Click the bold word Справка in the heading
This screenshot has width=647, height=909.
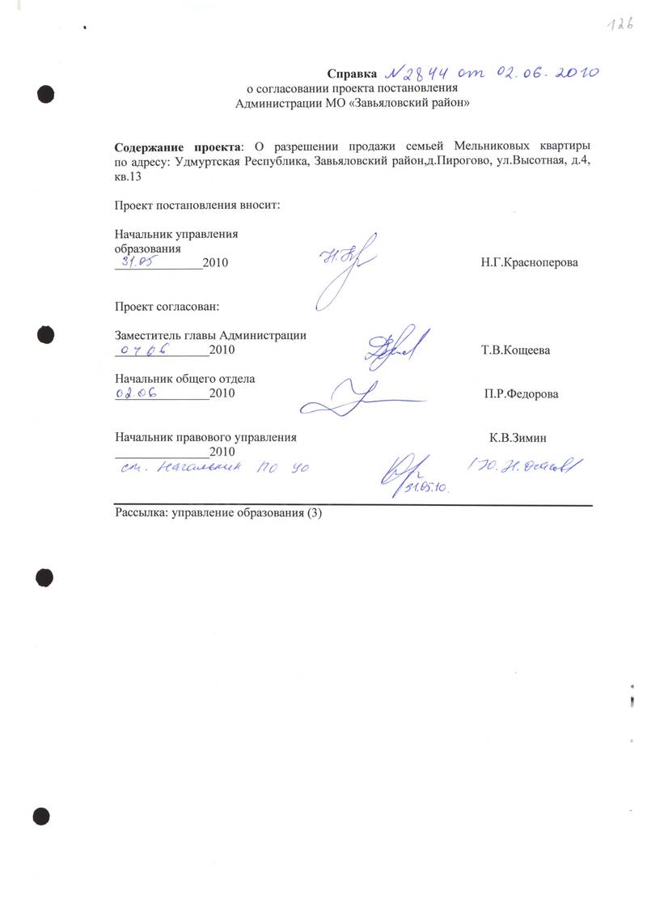tap(353, 74)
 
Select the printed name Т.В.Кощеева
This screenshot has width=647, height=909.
tap(517, 350)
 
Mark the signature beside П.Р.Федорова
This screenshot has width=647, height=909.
tap(356, 397)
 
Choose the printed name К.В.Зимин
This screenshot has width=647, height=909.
tap(518, 437)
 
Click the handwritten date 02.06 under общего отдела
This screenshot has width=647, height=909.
tap(135, 393)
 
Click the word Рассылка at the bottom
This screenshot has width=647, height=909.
tap(141, 512)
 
